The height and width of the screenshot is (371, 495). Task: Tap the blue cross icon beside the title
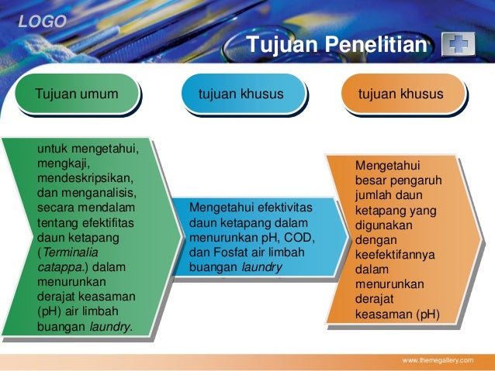[x=458, y=46]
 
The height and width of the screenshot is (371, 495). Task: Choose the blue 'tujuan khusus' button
[x=241, y=94]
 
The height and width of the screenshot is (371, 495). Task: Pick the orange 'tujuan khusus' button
[x=400, y=94]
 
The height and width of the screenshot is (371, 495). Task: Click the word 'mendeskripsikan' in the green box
[x=86, y=178]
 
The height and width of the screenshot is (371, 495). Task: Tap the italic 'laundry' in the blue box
[x=262, y=267]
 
